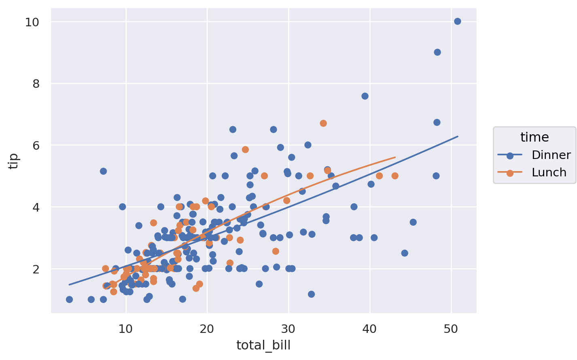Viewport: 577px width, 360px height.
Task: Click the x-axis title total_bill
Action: (263, 345)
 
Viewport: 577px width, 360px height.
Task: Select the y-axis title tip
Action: (14, 161)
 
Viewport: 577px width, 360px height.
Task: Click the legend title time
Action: (535, 138)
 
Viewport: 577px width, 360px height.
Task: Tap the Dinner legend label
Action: (551, 155)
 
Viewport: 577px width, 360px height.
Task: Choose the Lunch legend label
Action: (549, 172)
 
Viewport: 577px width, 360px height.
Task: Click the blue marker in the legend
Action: (510, 155)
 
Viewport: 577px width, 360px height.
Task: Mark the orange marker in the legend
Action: (510, 173)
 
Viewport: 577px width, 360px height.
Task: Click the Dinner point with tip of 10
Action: (457, 21)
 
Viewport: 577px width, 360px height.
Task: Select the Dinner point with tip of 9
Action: (437, 52)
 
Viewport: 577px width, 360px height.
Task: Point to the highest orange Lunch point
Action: (323, 123)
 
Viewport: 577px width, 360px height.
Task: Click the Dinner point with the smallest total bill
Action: (69, 299)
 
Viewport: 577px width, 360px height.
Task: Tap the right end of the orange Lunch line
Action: (395, 157)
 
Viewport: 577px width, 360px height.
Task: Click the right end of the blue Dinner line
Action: (458, 136)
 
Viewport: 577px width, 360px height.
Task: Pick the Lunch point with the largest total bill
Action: (395, 176)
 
